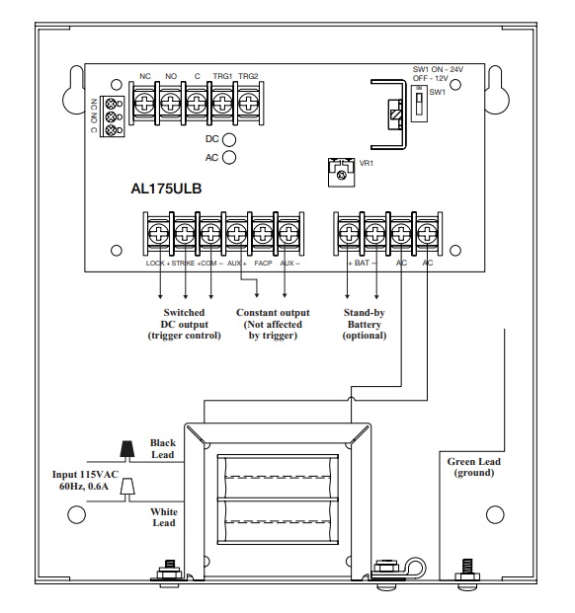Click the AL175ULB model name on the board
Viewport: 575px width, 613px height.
click(166, 189)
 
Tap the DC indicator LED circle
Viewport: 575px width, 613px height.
click(229, 139)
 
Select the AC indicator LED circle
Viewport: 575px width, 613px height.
click(229, 157)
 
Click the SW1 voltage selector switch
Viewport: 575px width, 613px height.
click(419, 104)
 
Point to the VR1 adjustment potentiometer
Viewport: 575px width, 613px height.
click(342, 173)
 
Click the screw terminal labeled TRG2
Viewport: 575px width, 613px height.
click(248, 104)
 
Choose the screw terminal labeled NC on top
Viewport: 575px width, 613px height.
click(144, 104)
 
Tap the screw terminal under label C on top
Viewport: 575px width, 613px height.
click(197, 104)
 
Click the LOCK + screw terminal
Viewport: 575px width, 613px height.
click(158, 234)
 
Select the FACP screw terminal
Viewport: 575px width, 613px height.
click(263, 234)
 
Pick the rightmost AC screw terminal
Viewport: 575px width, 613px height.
click(427, 234)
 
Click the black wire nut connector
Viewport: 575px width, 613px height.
click(126, 449)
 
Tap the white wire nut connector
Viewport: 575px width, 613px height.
click(127, 488)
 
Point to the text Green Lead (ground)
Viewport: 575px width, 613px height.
click(473, 467)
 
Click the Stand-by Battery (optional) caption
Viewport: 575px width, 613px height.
click(365, 324)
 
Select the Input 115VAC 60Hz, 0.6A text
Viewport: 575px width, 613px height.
click(85, 481)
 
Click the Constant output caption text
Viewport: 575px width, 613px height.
click(273, 324)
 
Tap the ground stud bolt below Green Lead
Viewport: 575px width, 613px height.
click(467, 572)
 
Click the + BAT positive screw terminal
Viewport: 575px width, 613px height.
click(349, 234)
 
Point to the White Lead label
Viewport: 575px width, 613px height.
click(164, 517)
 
